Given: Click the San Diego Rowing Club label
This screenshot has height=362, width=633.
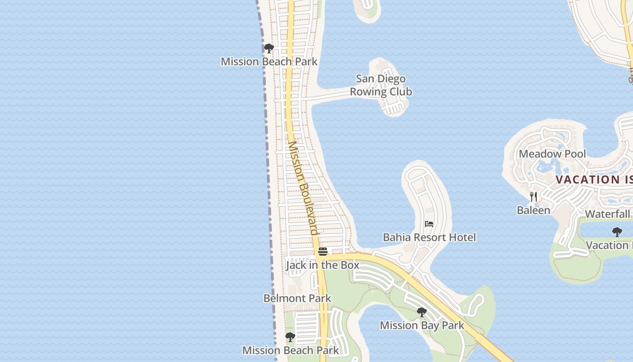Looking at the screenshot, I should [x=381, y=86].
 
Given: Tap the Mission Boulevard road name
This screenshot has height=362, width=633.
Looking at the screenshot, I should [x=303, y=188].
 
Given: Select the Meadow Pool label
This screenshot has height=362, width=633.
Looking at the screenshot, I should [x=552, y=154].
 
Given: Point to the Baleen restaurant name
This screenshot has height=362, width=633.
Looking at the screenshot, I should [x=534, y=210].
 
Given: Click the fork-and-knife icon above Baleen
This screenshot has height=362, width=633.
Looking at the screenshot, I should [x=534, y=197].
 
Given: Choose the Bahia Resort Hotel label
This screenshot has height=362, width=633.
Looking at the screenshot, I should [x=429, y=237].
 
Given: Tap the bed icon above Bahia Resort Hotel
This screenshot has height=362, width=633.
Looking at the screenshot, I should [x=429, y=224].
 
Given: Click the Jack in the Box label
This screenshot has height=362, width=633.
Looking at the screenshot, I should [x=322, y=265].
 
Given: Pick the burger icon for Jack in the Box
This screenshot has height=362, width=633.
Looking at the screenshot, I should [x=322, y=252].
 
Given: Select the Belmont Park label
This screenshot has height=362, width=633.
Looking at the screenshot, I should [x=298, y=299].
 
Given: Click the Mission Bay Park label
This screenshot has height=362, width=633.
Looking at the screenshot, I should [x=422, y=325].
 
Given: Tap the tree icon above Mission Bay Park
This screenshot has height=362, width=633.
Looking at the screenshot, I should [x=422, y=312].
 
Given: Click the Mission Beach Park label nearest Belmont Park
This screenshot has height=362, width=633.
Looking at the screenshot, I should [x=290, y=350].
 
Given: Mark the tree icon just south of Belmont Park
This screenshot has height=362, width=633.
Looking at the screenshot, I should [x=290, y=337].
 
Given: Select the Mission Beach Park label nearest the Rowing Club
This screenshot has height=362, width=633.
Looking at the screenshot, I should [x=269, y=62].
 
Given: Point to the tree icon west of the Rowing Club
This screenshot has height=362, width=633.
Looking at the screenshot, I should [x=269, y=48].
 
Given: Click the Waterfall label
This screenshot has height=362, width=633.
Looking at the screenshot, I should [x=607, y=214].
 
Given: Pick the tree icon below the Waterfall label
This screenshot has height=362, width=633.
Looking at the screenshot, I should [x=617, y=232].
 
